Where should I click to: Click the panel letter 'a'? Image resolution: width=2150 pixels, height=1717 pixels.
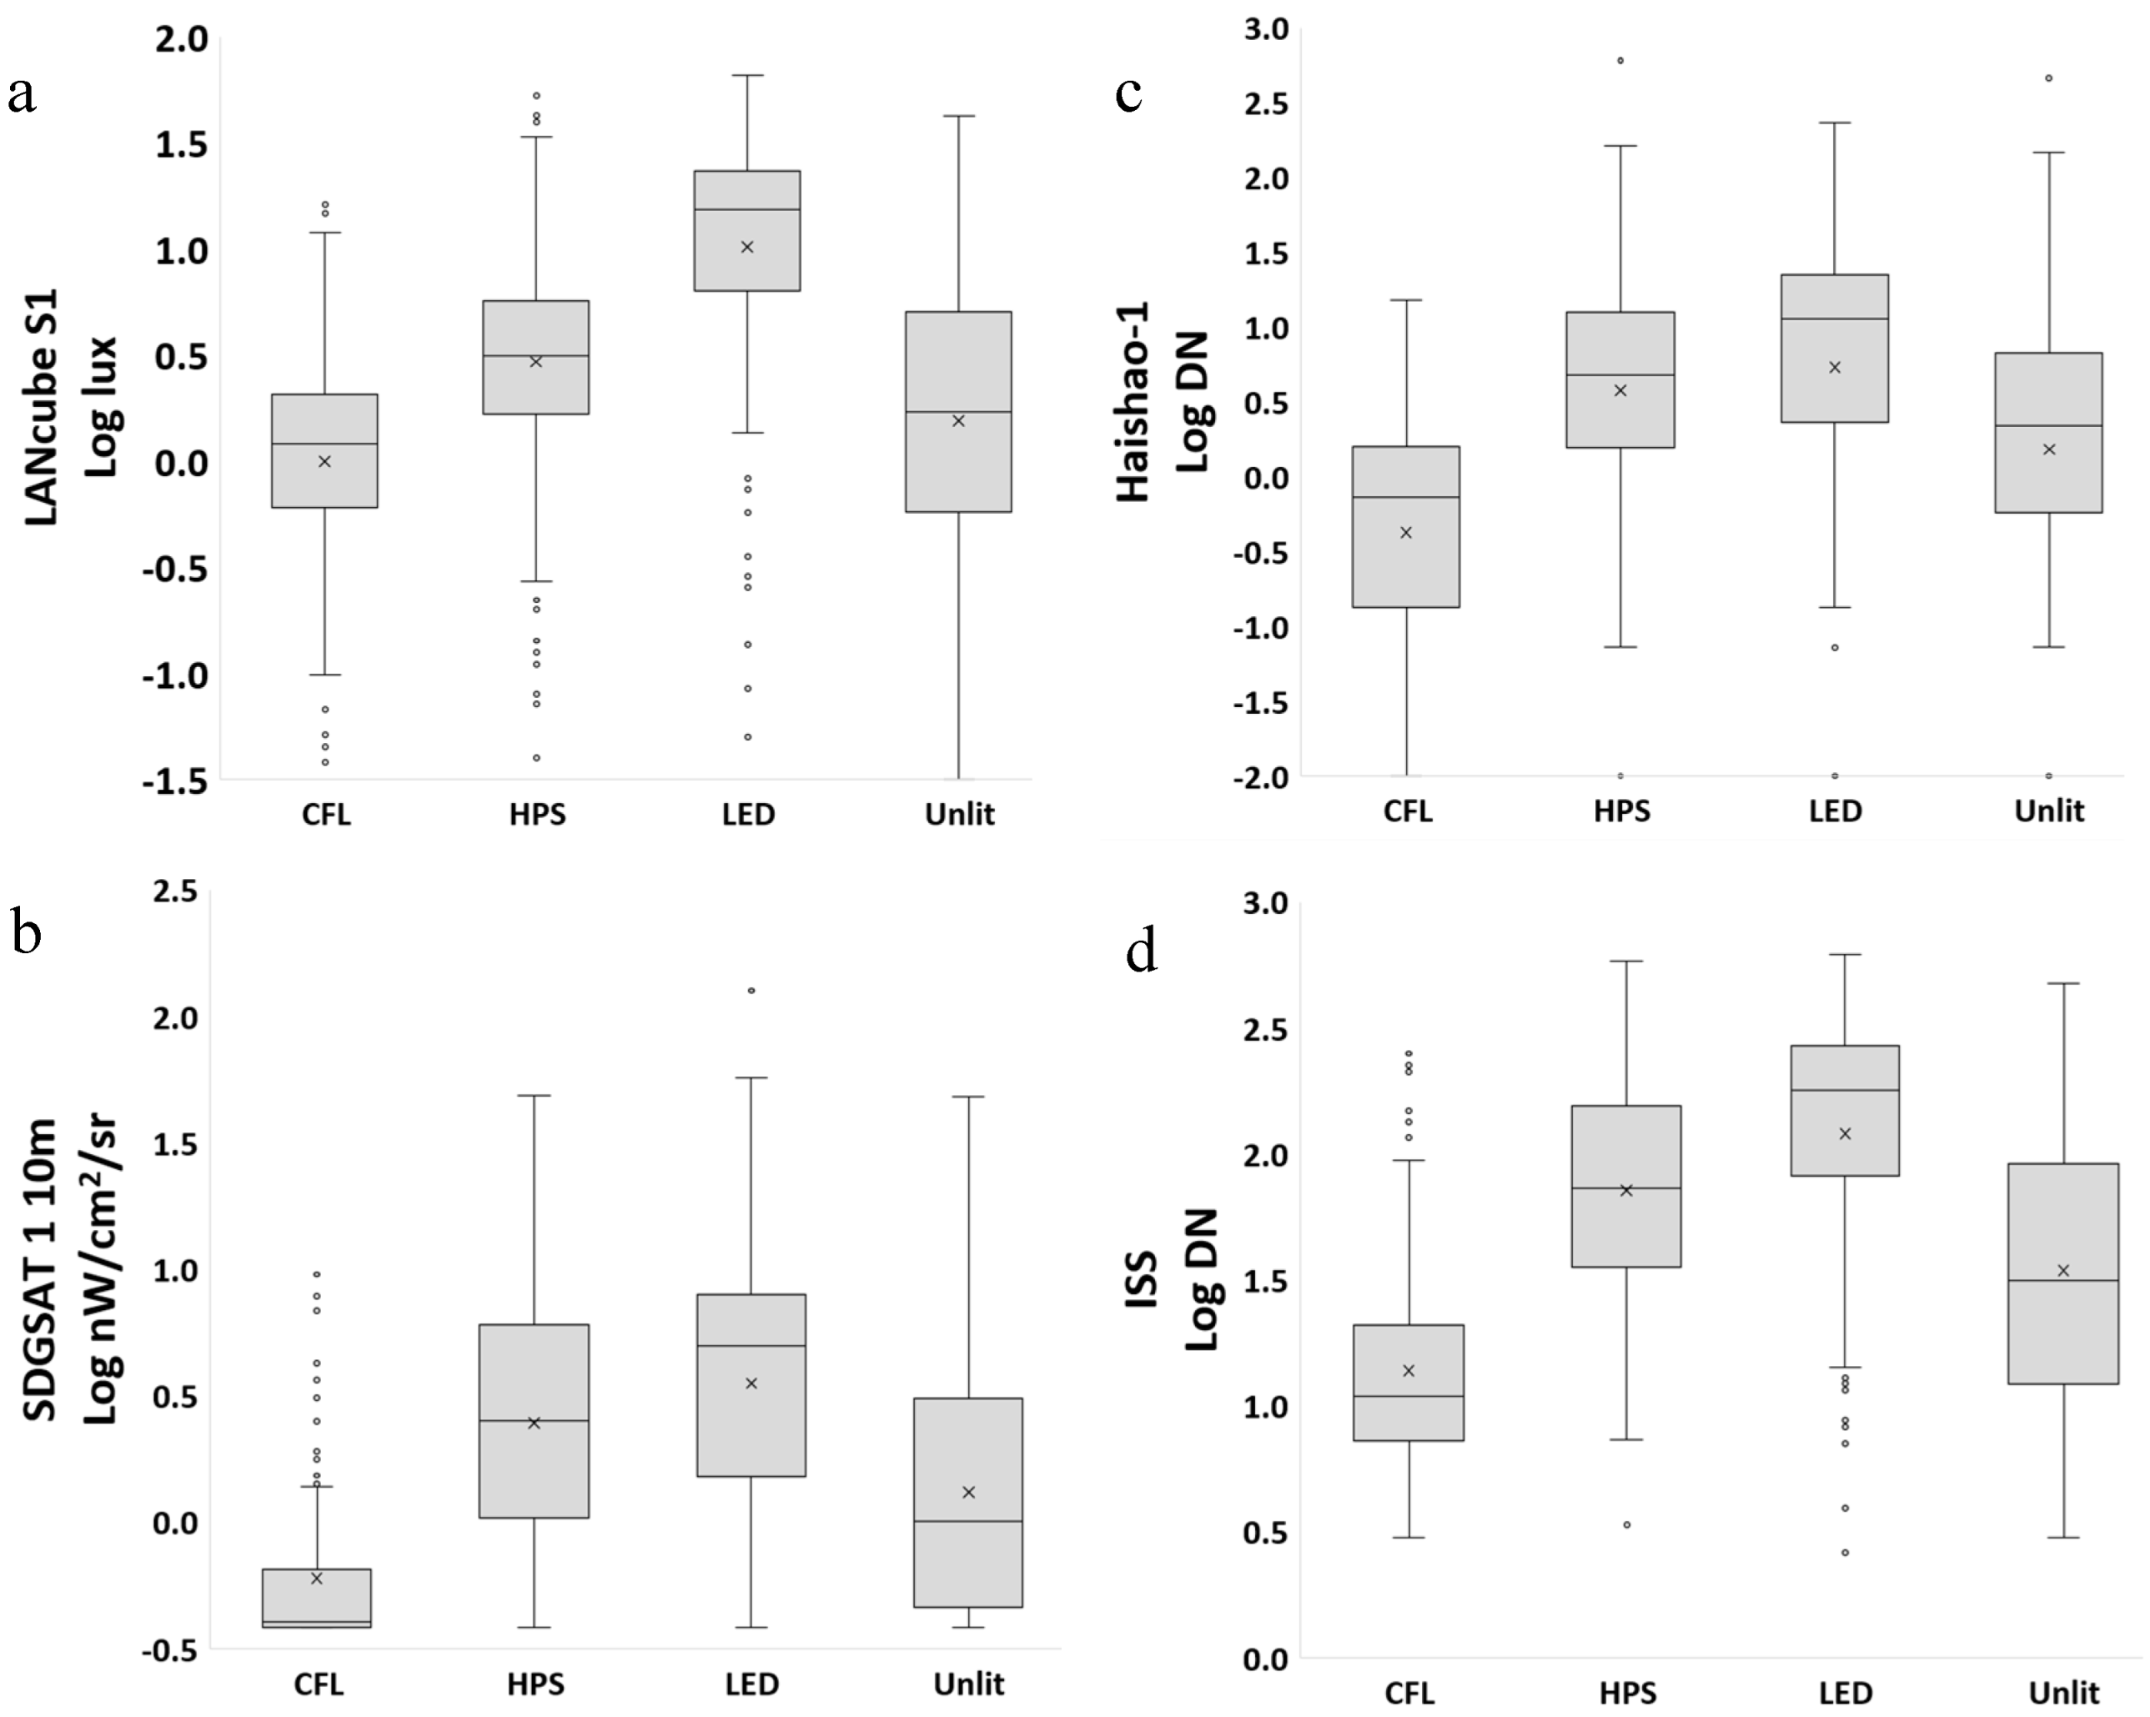click(22, 96)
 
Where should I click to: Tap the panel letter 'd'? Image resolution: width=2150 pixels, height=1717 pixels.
click(1142, 952)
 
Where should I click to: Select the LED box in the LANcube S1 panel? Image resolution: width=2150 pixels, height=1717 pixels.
click(748, 230)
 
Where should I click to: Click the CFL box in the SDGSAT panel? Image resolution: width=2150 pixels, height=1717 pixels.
click(317, 1599)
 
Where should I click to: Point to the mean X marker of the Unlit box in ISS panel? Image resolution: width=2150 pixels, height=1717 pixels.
click(2063, 1270)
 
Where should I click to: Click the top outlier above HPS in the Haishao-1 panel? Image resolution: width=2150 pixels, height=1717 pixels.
click(1620, 61)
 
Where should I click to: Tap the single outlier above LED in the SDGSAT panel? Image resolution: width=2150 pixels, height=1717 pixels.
click(751, 990)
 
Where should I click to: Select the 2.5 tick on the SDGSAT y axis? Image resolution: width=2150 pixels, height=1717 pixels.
click(175, 891)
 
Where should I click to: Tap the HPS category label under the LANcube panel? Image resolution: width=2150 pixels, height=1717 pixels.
click(537, 815)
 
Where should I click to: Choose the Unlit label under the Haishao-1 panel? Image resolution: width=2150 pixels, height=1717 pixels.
click(2049, 811)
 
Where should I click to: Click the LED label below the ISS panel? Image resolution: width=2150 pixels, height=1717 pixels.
click(1845, 1693)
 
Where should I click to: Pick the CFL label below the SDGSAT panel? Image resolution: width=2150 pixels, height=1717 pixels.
click(318, 1684)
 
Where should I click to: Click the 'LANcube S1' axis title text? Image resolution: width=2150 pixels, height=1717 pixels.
click(40, 407)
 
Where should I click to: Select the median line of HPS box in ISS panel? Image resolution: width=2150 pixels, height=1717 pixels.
click(1626, 1187)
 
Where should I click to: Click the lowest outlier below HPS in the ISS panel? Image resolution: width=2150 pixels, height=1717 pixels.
click(1626, 1524)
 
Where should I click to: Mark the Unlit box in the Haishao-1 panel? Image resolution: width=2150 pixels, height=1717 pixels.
click(2049, 433)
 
